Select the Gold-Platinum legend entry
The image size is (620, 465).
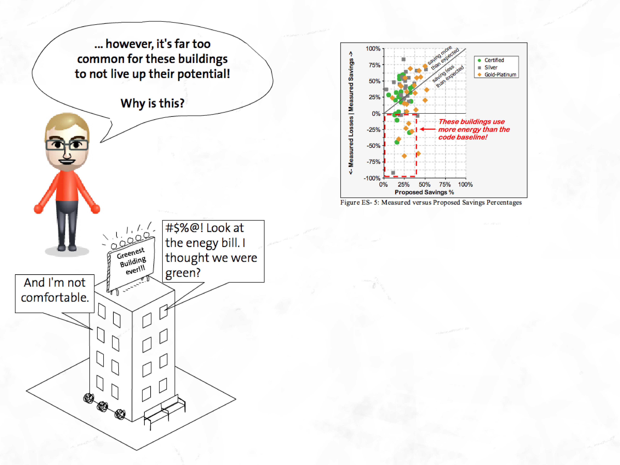[x=500, y=75]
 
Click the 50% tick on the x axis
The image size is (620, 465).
[x=424, y=184]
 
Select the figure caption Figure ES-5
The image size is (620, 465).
[x=431, y=202]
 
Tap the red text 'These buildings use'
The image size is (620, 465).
[x=472, y=122]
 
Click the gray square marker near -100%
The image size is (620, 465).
[x=393, y=173]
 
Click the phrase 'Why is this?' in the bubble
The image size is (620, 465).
[x=152, y=103]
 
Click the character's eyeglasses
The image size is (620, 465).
[x=67, y=145]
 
